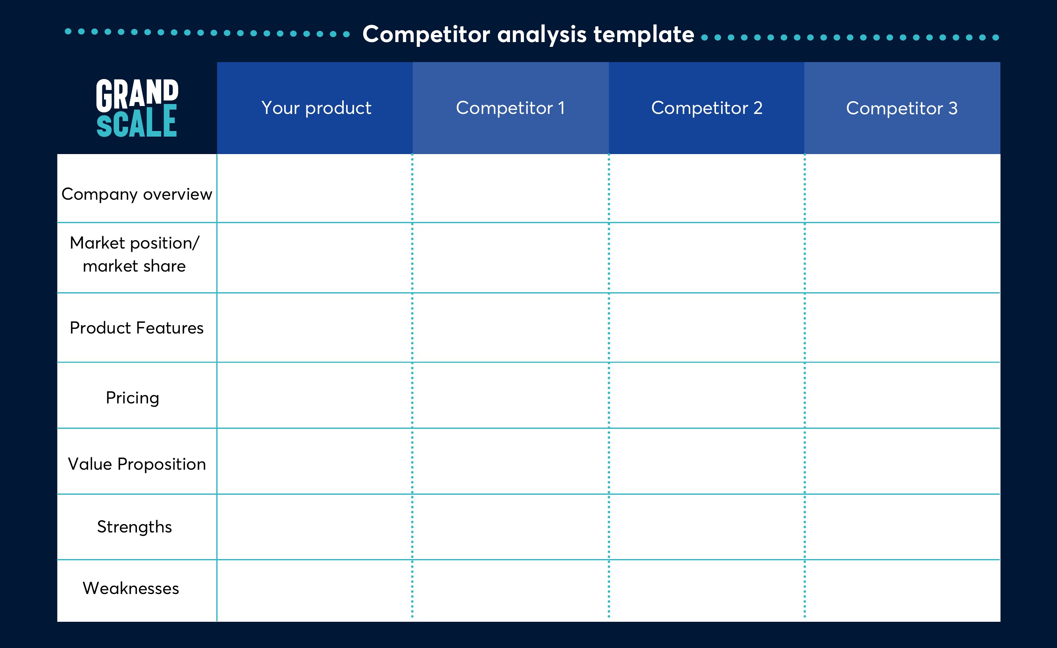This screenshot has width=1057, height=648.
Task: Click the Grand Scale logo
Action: (x=137, y=108)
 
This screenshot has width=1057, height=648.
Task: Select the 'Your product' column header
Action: (x=316, y=108)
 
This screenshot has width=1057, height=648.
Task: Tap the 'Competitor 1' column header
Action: (x=510, y=108)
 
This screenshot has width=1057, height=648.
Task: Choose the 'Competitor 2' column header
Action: (x=707, y=108)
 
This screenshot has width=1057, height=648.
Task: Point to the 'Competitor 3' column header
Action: (x=902, y=108)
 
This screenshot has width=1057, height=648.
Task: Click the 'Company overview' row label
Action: (x=137, y=195)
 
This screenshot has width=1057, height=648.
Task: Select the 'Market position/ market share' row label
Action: (x=135, y=254)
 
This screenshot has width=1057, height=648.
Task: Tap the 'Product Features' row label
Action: (x=137, y=328)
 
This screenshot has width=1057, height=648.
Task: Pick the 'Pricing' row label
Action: (x=133, y=398)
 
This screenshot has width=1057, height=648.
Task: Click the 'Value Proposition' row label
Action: (x=137, y=464)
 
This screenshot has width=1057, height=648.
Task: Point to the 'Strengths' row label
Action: (x=134, y=527)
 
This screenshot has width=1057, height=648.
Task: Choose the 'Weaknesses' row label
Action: (x=131, y=588)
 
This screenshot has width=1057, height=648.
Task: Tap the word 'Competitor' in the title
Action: (x=426, y=34)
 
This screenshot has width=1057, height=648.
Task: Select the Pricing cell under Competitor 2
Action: (x=707, y=395)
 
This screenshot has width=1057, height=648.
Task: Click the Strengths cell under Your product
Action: (x=315, y=527)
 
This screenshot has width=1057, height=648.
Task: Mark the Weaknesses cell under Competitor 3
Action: (x=903, y=590)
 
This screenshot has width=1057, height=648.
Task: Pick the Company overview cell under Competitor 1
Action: (x=510, y=188)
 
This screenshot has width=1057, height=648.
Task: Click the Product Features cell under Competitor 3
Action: (x=903, y=328)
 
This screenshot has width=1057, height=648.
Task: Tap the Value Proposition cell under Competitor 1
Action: (x=510, y=461)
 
